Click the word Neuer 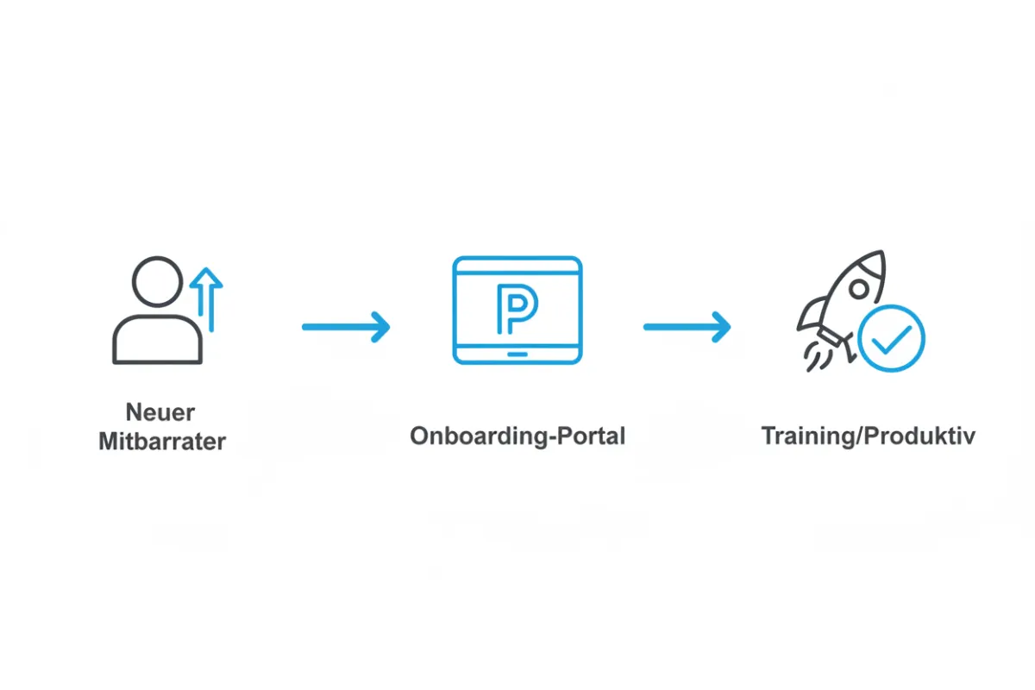160,411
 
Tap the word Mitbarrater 162,441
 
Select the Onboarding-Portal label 517,436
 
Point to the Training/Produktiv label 869,436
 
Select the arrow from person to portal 346,327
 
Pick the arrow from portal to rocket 687,327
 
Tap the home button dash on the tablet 517,354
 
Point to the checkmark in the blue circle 891,340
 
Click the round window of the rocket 859,290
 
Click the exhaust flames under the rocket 818,357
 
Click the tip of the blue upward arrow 206,268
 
